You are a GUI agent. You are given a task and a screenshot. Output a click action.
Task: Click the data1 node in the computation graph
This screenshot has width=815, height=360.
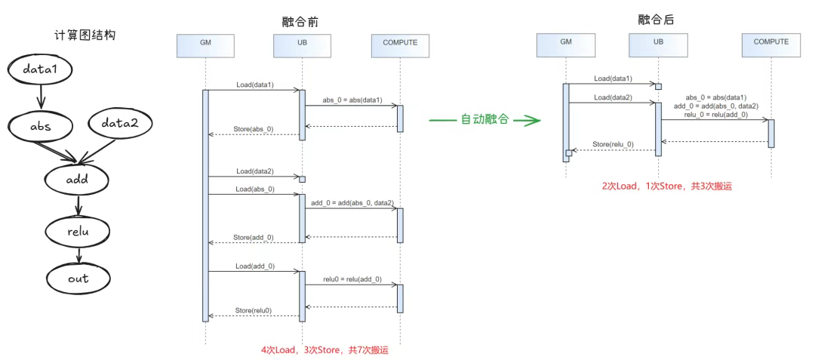(x=40, y=69)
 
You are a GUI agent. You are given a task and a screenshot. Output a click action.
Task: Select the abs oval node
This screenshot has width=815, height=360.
(x=40, y=126)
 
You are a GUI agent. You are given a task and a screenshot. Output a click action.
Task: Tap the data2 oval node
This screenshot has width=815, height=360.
(x=121, y=123)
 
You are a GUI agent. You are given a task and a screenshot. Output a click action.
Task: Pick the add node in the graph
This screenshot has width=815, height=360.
(x=77, y=179)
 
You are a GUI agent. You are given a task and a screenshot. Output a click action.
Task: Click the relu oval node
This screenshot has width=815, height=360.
(x=78, y=230)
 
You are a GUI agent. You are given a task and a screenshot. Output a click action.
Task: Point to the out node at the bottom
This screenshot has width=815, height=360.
(x=78, y=278)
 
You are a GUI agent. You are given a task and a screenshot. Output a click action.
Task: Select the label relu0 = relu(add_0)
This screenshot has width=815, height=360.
(x=352, y=279)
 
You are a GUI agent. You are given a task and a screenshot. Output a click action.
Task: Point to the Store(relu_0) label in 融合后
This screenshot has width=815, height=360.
(x=613, y=143)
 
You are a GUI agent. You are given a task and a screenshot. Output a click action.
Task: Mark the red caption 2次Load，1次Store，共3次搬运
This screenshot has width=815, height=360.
(x=666, y=186)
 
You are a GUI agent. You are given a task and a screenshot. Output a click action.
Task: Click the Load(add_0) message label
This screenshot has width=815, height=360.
(x=254, y=266)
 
